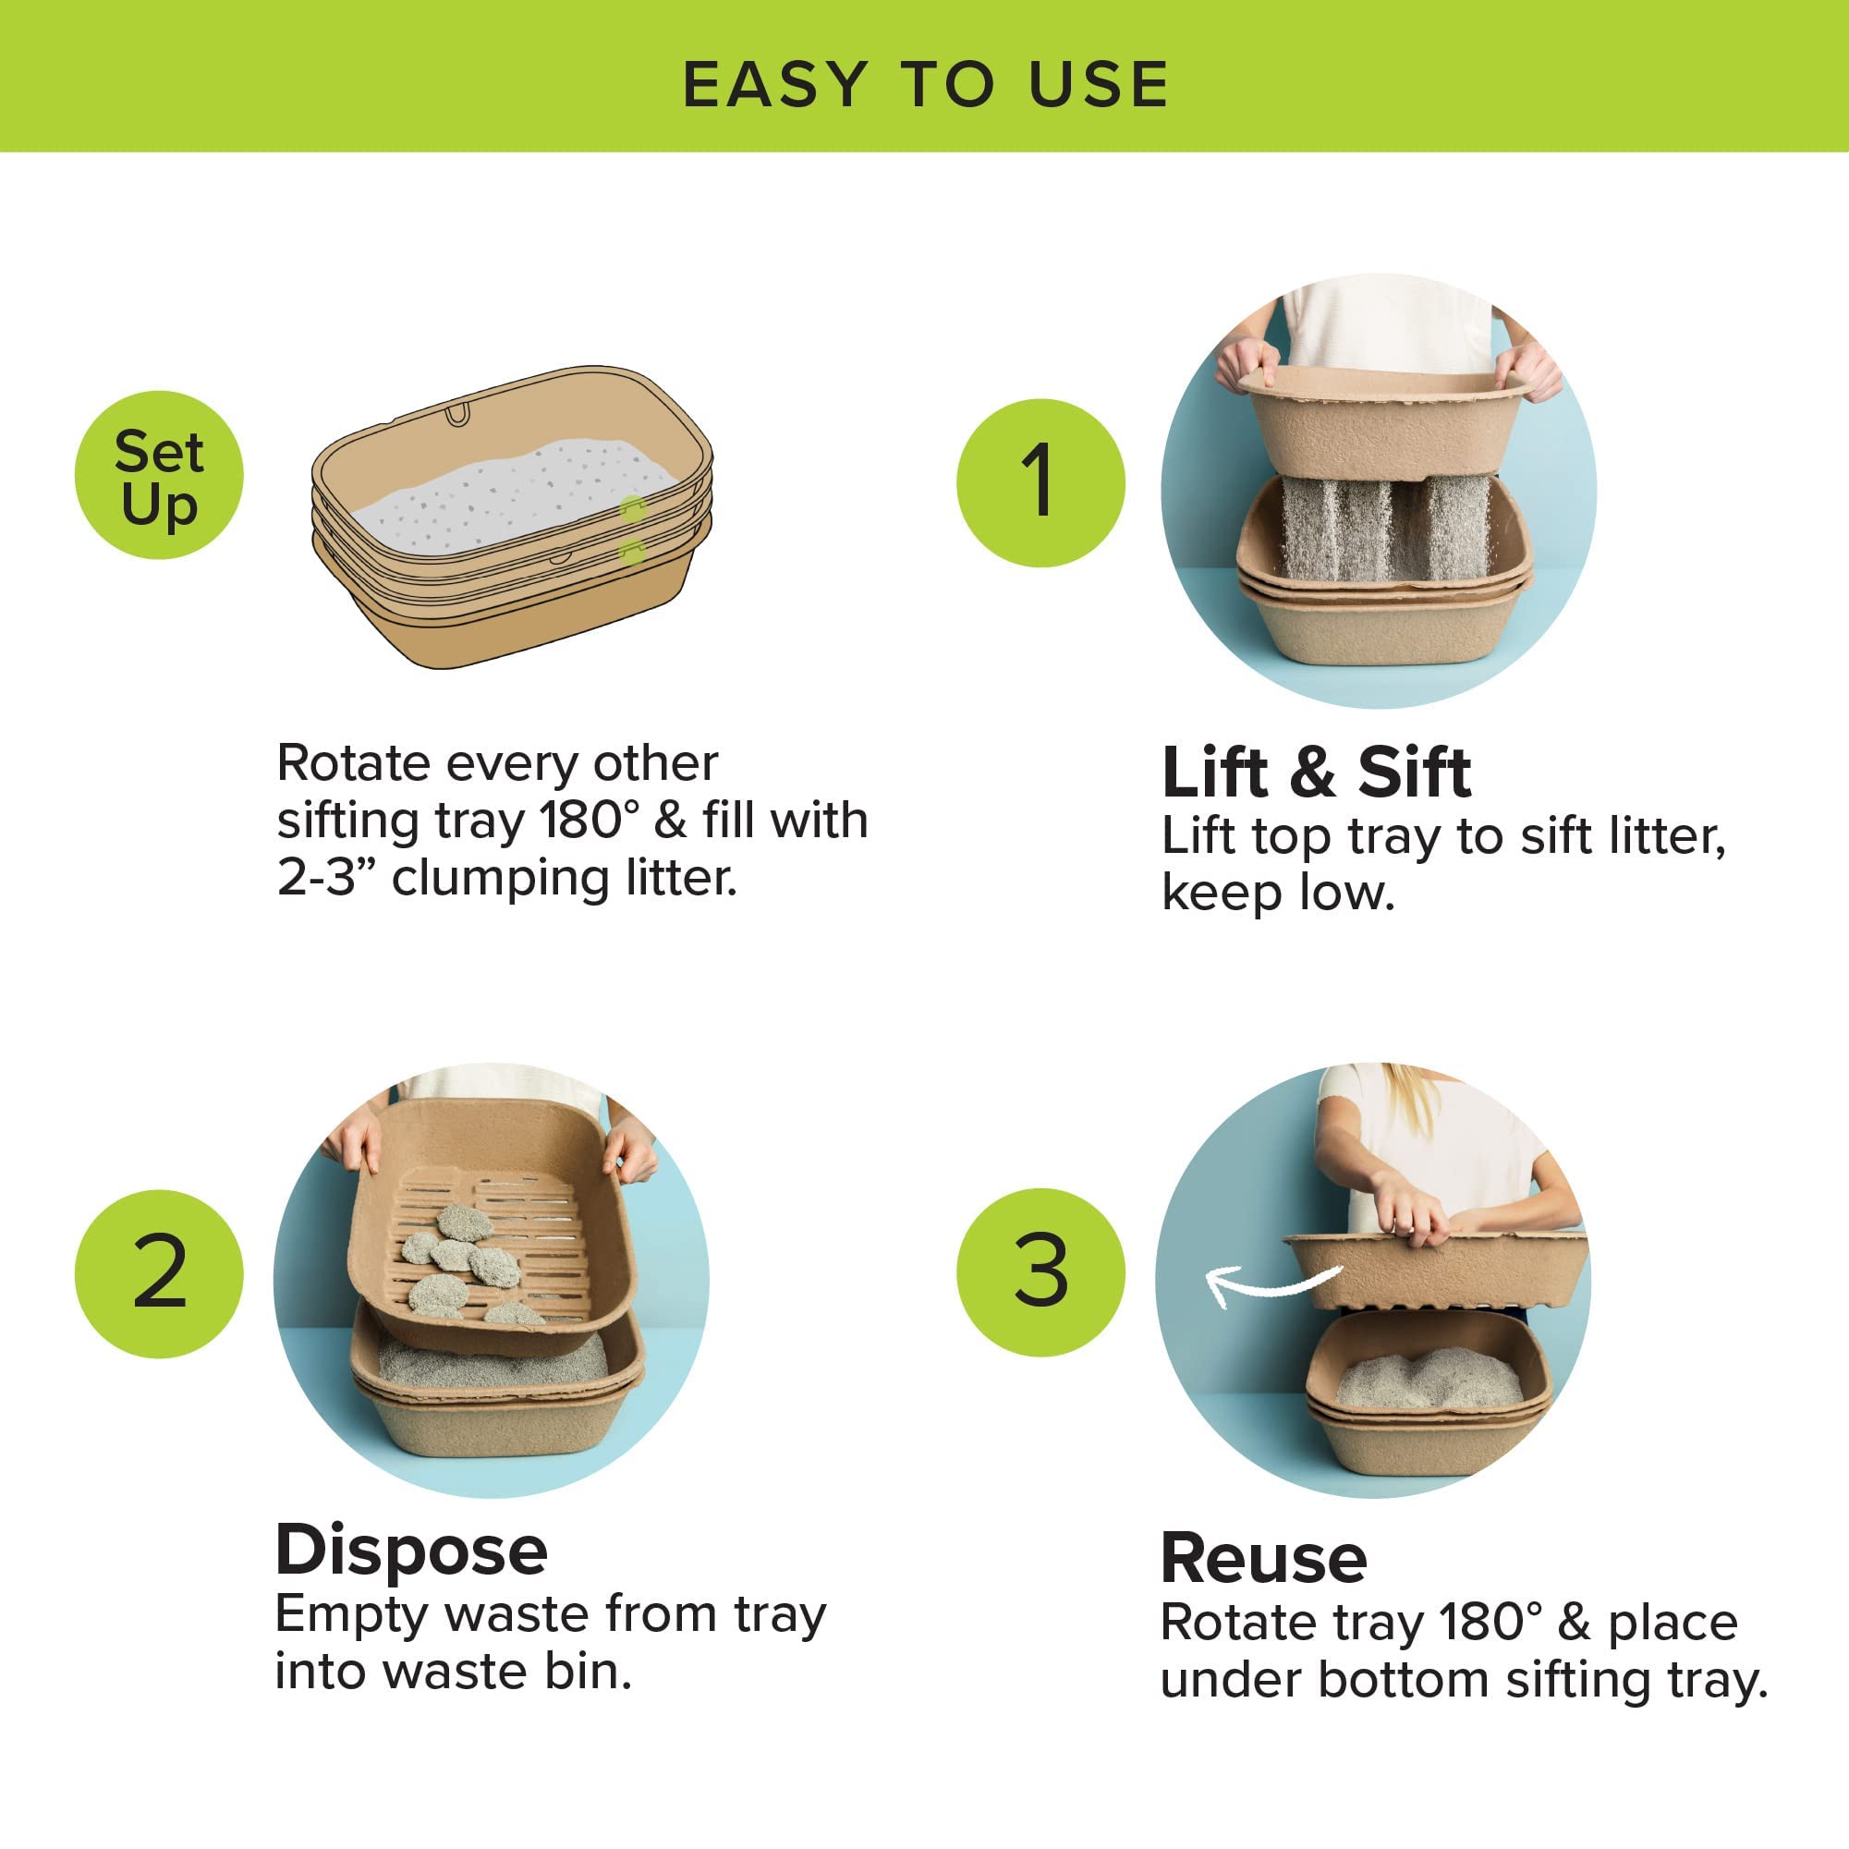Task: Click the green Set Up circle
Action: click(x=159, y=476)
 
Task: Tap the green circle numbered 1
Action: click(x=1040, y=482)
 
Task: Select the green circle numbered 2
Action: click(x=159, y=1274)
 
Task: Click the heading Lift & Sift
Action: click(x=1315, y=773)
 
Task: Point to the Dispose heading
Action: click(x=411, y=1551)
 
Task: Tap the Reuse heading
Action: click(x=1263, y=1559)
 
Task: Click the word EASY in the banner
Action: click(x=775, y=84)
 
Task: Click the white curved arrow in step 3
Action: click(x=1268, y=1282)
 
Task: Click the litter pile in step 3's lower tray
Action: click(x=1426, y=1378)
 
